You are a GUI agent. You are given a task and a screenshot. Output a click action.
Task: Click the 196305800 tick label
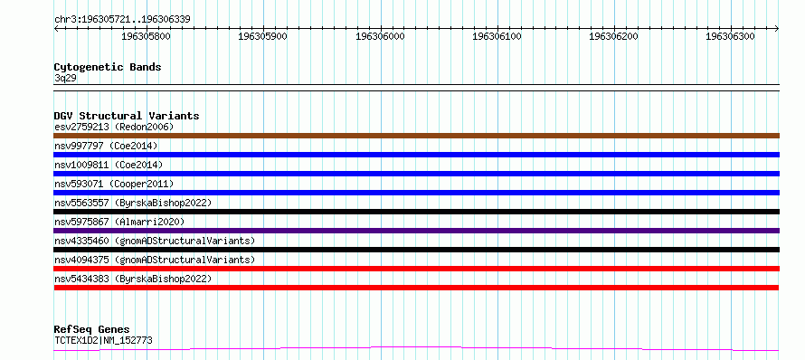(146, 36)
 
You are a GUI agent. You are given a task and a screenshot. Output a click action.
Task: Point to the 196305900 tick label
(263, 36)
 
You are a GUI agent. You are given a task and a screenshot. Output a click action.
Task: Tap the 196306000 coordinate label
(380, 36)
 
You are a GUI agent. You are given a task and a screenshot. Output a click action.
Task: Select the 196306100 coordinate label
(497, 36)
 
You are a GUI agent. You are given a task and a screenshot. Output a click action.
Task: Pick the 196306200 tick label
(614, 36)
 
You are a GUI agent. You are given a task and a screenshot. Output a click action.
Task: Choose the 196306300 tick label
(731, 36)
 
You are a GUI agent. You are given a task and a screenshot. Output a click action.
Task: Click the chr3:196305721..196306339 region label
(122, 20)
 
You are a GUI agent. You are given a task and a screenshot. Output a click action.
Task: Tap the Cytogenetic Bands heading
(108, 67)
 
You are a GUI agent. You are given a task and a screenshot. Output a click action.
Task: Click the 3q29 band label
(65, 78)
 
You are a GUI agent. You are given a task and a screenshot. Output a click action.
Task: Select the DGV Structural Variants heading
(127, 116)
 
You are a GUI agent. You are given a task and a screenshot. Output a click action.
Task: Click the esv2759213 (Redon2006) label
(114, 127)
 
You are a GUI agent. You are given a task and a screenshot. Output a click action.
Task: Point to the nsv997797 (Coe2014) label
(106, 146)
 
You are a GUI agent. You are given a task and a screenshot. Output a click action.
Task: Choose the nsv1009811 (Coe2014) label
(109, 165)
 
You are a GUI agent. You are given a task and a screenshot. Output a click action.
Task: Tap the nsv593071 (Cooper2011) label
(114, 184)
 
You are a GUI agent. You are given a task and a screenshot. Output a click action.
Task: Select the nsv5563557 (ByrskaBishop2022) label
(133, 203)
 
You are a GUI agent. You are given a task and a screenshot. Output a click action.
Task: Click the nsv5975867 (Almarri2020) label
(119, 222)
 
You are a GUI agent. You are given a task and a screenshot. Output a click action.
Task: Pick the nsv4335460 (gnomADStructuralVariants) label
(155, 241)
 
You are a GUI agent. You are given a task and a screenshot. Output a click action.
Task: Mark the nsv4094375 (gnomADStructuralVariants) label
(155, 260)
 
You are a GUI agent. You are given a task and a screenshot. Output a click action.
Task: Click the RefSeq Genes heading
(92, 330)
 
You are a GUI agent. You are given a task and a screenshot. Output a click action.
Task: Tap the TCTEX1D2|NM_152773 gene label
(103, 340)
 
